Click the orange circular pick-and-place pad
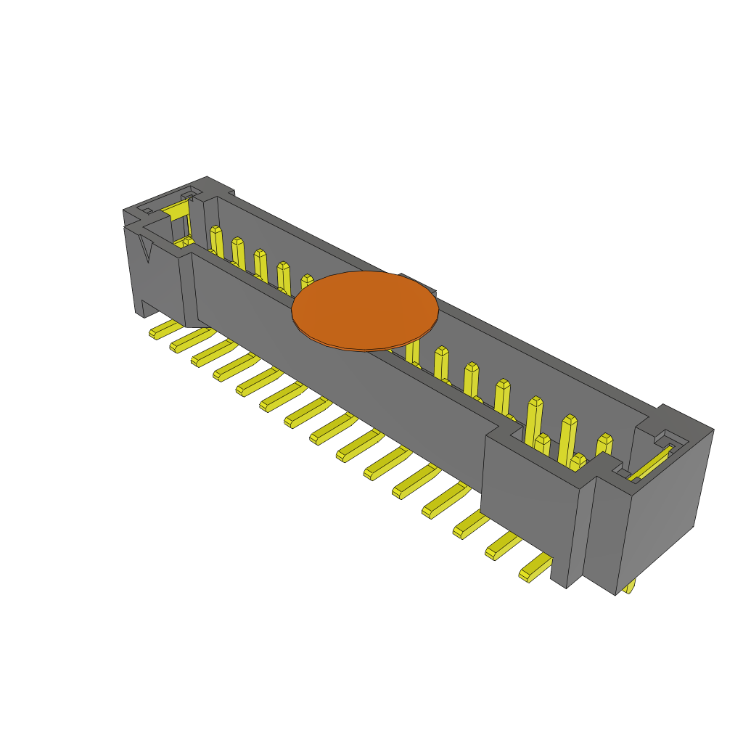(x=365, y=311)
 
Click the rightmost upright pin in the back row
(x=604, y=450)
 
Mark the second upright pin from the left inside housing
(x=238, y=253)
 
